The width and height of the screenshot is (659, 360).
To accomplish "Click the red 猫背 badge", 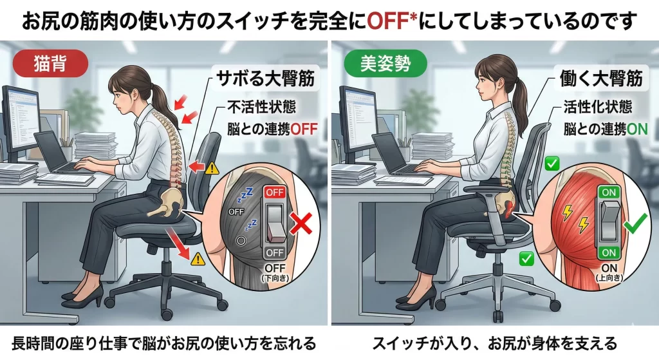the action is [50, 64].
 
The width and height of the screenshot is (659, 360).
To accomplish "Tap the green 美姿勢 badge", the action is [385, 64].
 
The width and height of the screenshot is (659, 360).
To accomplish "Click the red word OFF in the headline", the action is [388, 21].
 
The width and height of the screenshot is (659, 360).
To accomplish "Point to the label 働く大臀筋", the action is [601, 78].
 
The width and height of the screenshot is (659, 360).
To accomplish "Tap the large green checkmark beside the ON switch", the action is [635, 224].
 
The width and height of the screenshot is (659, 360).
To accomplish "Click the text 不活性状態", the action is [262, 108].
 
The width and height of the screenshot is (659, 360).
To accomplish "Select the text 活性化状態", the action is [598, 108].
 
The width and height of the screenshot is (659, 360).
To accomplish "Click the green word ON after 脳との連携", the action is [637, 129].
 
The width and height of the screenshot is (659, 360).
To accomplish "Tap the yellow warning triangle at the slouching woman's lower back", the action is [212, 168].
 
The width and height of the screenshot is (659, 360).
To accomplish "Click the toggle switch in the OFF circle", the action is [275, 223].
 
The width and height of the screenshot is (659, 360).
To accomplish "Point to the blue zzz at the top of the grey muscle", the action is [245, 194].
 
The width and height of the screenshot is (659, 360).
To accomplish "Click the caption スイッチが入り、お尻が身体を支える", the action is [495, 344].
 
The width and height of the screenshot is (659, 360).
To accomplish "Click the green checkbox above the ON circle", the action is [552, 163].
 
